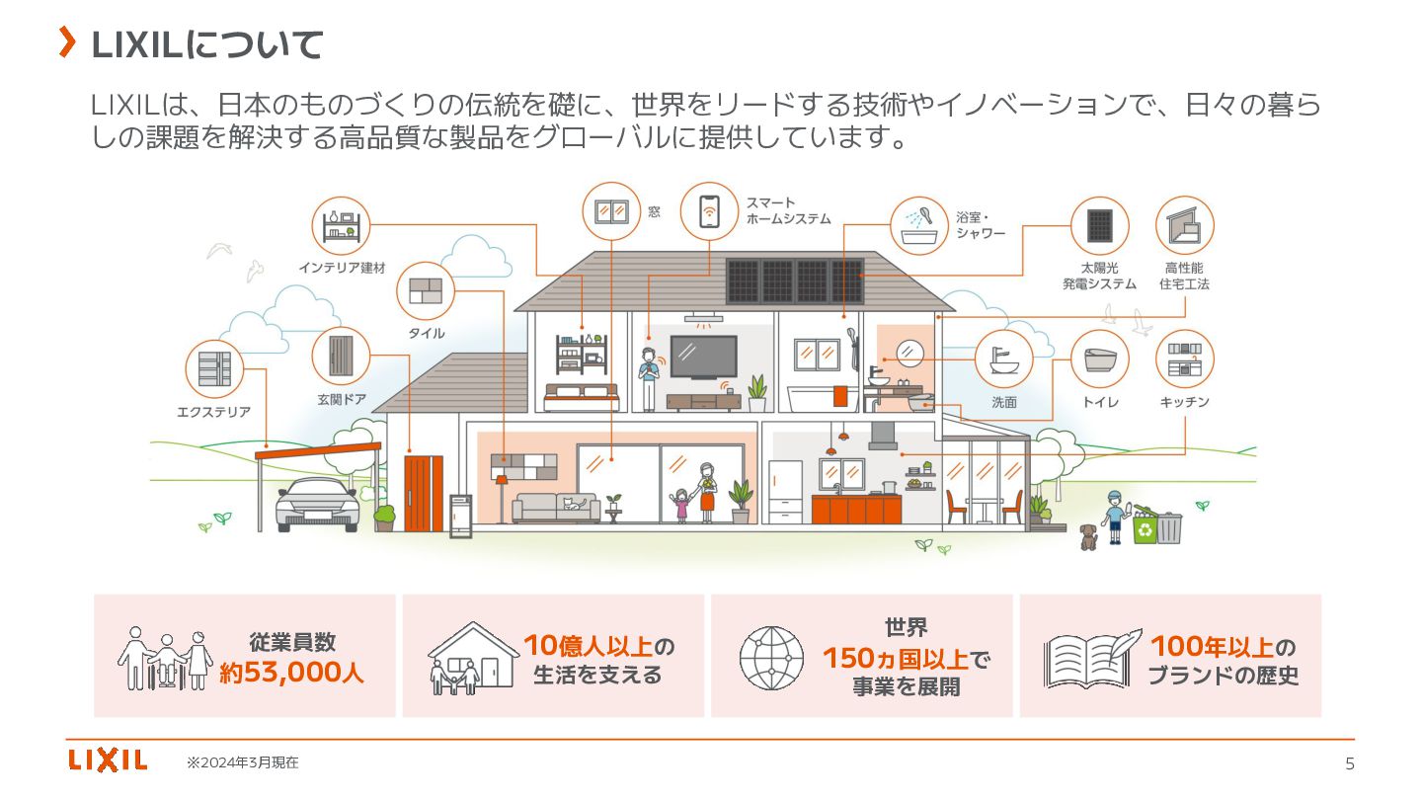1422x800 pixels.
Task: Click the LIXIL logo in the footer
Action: click(x=108, y=760)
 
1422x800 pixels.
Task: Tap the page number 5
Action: click(x=1350, y=763)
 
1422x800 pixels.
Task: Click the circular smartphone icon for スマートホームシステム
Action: click(x=709, y=211)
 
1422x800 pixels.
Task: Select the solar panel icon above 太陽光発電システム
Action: click(x=1100, y=226)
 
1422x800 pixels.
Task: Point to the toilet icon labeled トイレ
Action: click(x=1100, y=359)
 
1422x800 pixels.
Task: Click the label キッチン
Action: click(x=1184, y=403)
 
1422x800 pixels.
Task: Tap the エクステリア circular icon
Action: click(x=214, y=368)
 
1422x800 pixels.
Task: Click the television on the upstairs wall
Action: click(x=703, y=356)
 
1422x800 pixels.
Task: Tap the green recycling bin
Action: click(x=1145, y=528)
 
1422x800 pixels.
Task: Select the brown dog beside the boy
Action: click(x=1088, y=535)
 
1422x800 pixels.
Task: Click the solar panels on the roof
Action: click(x=794, y=280)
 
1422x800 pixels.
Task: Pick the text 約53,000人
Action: click(x=291, y=675)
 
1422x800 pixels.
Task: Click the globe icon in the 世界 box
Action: click(x=771, y=657)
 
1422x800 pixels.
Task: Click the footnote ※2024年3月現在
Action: click(x=243, y=762)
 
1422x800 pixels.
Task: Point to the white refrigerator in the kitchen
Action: click(x=787, y=491)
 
